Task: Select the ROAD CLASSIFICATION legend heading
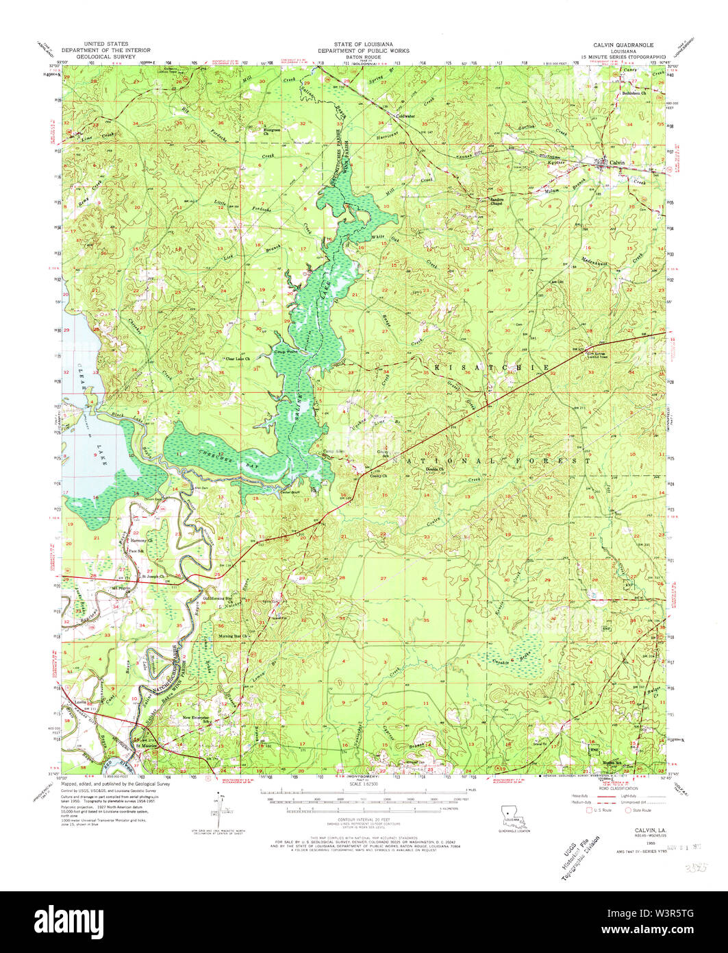(x=612, y=789)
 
